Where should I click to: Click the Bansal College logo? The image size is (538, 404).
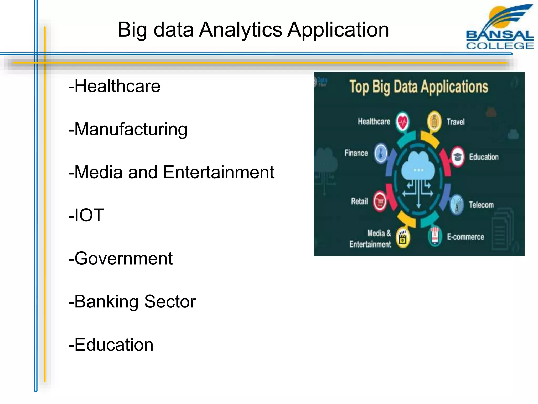[x=499, y=28]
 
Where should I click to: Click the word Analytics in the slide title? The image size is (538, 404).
[x=240, y=30]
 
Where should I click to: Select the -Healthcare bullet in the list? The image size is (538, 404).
[x=114, y=86]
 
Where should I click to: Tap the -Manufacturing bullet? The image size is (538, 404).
[x=128, y=129]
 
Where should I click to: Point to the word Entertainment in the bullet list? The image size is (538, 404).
[x=218, y=173]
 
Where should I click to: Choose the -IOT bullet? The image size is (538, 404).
[x=86, y=215]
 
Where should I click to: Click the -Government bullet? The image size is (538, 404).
[x=120, y=259]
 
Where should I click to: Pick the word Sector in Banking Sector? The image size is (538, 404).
[x=170, y=301]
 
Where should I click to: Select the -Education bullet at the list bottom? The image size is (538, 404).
[x=111, y=345]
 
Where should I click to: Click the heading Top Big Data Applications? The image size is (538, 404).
[x=418, y=87]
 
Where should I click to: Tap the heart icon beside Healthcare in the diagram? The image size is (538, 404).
[x=402, y=122]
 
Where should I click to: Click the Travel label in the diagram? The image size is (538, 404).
[x=456, y=122]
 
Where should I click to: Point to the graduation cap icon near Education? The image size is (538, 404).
[x=458, y=157]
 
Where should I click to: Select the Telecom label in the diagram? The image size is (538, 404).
[x=481, y=205]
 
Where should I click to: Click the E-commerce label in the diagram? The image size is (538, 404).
[x=465, y=237]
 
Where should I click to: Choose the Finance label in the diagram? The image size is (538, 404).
[x=356, y=153]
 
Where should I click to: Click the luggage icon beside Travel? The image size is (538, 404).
[x=434, y=122]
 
